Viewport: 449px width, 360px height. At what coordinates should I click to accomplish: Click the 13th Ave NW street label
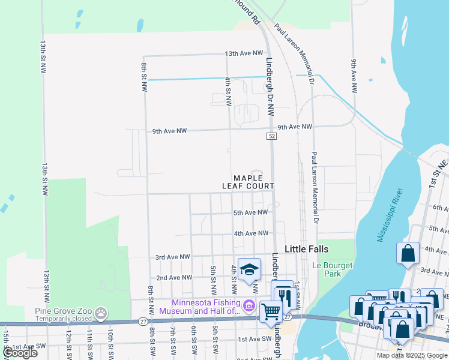click(x=244, y=53)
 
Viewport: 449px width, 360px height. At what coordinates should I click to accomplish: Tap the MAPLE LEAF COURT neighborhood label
click(x=249, y=182)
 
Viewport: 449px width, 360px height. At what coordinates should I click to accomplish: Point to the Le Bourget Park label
click(x=333, y=269)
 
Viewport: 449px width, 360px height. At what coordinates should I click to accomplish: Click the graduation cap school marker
click(x=249, y=269)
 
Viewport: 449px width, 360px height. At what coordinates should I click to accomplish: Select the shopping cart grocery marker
click(x=271, y=311)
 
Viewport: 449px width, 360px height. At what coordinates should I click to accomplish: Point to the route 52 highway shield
click(x=272, y=137)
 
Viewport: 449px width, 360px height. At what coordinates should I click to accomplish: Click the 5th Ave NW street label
click(x=250, y=212)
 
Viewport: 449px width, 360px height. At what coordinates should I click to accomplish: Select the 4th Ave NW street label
click(x=250, y=233)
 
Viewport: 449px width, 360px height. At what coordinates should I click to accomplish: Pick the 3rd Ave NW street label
click(x=172, y=257)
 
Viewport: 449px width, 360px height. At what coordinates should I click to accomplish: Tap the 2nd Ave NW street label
click(x=173, y=278)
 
